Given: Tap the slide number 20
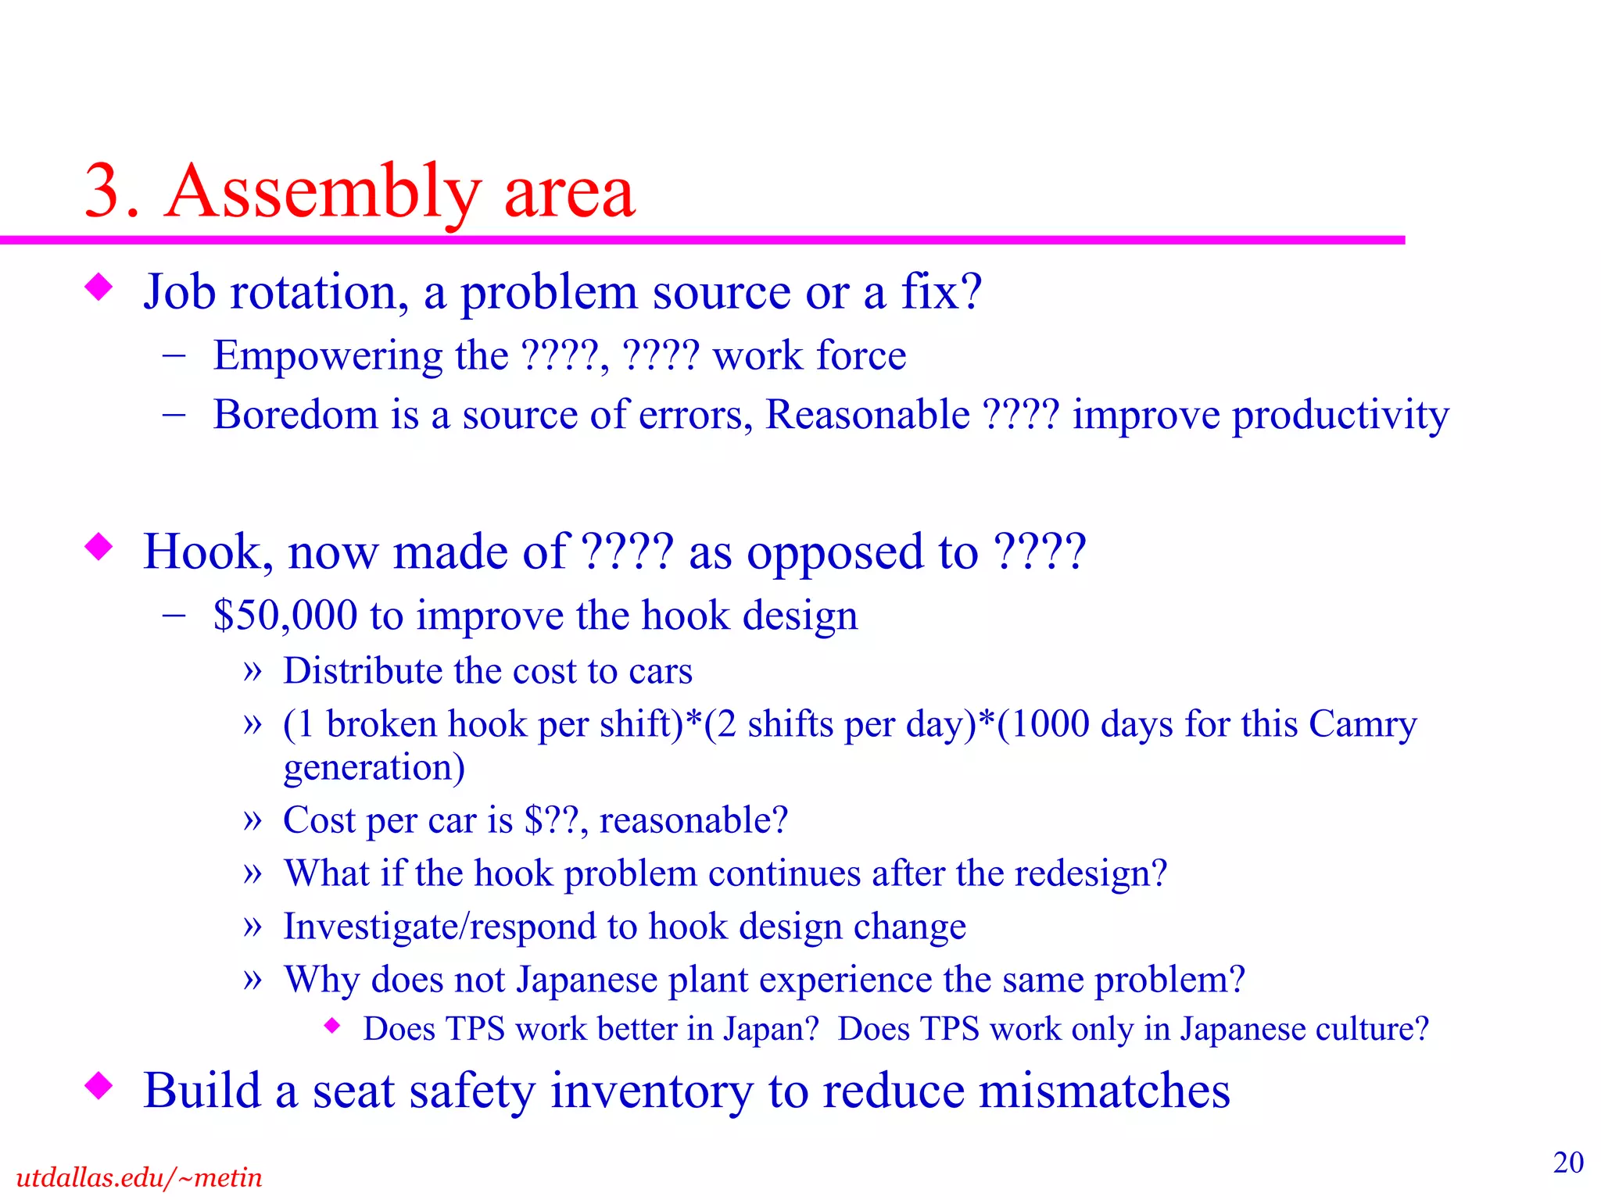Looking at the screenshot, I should click(x=1568, y=1162).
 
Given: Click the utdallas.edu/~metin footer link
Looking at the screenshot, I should click(x=138, y=1177).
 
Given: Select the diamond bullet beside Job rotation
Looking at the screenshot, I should click(x=98, y=287).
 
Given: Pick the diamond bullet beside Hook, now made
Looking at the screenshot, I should click(x=98, y=547).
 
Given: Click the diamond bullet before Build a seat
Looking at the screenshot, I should click(x=98, y=1085).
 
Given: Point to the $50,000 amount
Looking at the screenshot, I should click(x=285, y=616).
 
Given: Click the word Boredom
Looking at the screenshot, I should click(x=295, y=414).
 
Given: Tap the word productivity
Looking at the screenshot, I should click(x=1340, y=416).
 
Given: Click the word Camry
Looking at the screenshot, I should click(x=1363, y=724).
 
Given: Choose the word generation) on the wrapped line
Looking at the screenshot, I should click(x=374, y=768).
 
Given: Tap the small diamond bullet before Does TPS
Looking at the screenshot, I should click(x=333, y=1026).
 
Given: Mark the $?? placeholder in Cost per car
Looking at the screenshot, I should click(x=553, y=821).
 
